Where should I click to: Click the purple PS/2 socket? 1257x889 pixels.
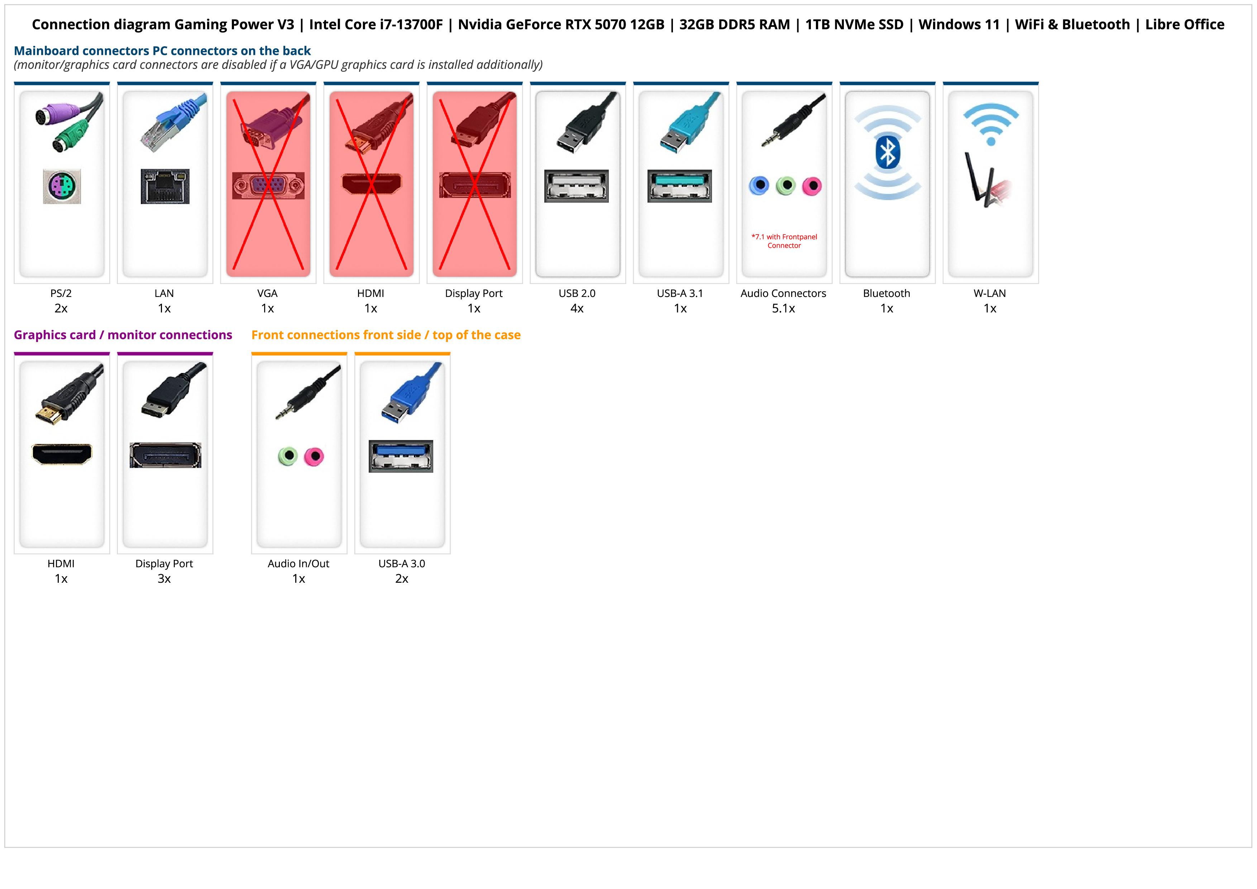62,187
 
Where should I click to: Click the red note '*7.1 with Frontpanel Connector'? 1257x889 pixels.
784,241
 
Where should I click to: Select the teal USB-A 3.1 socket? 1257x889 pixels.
679,186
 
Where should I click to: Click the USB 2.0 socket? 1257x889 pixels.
576,186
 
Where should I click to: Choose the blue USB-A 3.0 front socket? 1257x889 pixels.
401,456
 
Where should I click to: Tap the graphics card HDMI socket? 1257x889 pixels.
62,454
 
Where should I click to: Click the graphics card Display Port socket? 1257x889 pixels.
165,455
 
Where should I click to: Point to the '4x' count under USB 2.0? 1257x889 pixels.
577,308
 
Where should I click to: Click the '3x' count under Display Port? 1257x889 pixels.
164,579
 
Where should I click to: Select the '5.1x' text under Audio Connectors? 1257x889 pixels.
783,308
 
